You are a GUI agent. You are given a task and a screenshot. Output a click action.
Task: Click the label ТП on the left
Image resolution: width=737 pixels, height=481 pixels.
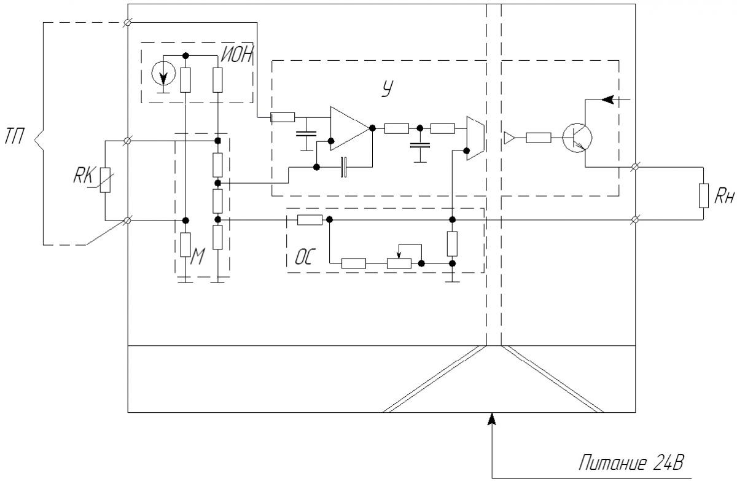point(14,136)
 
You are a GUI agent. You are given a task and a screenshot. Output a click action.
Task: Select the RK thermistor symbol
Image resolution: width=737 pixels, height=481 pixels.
point(105,180)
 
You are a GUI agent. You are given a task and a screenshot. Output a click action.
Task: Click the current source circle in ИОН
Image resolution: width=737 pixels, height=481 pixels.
point(163,73)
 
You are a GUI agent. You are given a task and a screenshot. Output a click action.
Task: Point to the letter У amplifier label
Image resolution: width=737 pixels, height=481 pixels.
point(388,88)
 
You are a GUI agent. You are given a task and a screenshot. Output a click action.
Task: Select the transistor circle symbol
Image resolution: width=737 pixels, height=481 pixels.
point(577,138)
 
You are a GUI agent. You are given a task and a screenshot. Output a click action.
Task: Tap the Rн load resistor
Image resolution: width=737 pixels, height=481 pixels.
point(703,196)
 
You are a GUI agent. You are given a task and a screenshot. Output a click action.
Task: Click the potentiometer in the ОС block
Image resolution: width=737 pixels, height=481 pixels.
point(399,264)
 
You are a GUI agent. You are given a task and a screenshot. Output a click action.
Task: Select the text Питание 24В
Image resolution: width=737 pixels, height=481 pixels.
point(631,463)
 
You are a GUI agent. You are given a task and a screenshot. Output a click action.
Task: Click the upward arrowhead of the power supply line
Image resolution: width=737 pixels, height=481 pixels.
point(491,419)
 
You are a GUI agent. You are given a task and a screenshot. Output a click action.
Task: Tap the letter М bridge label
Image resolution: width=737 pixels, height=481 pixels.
point(197,256)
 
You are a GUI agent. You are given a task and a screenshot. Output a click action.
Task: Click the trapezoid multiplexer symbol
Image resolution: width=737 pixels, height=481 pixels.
point(475,138)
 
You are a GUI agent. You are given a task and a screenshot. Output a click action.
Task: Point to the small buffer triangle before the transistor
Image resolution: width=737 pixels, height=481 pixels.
point(509,138)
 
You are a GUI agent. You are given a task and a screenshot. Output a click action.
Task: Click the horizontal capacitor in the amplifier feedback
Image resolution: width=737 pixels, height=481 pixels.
point(343,167)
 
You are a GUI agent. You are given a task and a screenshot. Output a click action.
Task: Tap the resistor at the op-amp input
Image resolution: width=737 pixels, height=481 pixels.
point(283,117)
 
